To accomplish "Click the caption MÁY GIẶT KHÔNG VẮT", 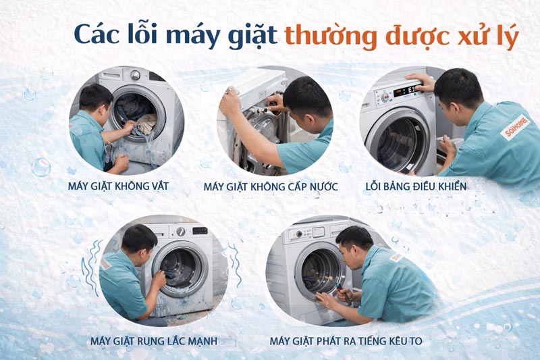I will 126,185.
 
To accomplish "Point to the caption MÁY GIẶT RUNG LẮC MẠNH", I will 153,340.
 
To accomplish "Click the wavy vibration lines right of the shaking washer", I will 234,265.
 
